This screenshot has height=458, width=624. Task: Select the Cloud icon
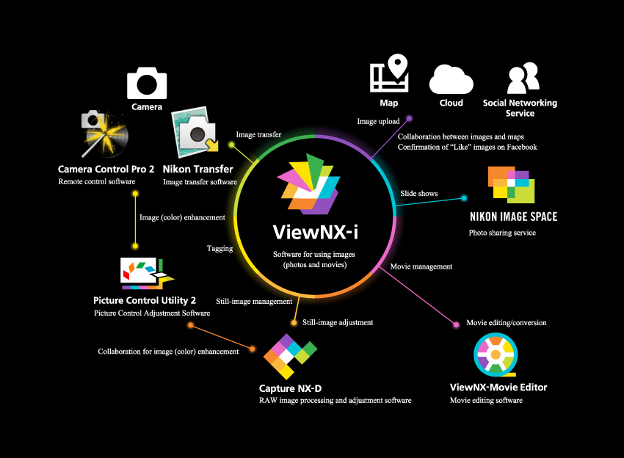pos(451,79)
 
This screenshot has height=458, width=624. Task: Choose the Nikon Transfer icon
pos(195,132)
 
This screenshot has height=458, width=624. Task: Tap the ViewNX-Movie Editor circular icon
pos(496,357)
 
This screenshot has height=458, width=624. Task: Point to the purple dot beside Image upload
pos(409,117)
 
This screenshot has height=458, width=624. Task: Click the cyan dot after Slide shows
pos(465,197)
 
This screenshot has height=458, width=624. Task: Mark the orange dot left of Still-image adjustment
pos(294,322)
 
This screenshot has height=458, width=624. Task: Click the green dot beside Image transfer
pos(231,145)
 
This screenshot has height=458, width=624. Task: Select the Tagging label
pos(220,249)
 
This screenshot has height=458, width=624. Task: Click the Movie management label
pos(421,266)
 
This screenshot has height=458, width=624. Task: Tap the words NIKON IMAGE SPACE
pos(513,217)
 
